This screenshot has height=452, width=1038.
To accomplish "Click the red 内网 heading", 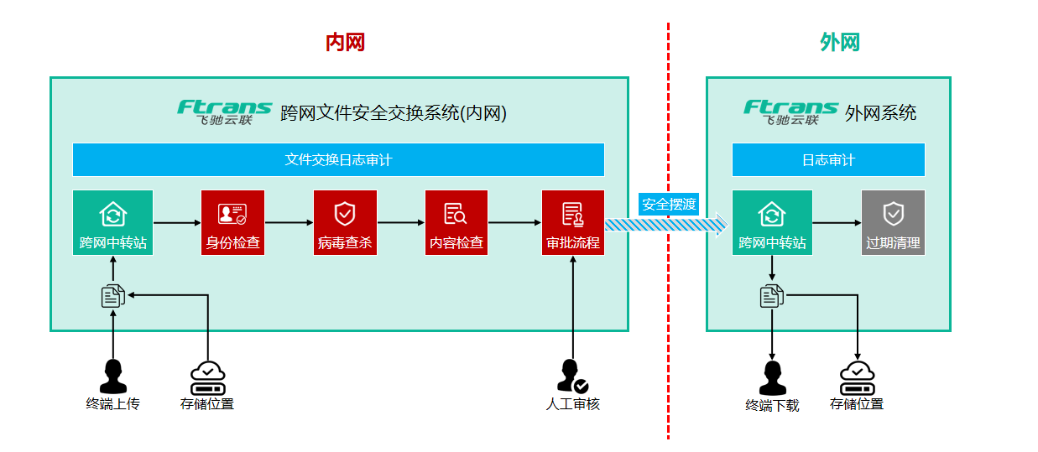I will [x=345, y=43].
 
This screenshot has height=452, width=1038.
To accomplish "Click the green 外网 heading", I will [x=840, y=43].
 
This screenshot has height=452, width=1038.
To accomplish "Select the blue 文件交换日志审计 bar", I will [x=338, y=159].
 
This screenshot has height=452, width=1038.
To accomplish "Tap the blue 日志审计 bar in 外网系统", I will [x=828, y=159].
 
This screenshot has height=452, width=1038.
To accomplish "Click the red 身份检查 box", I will [x=232, y=222].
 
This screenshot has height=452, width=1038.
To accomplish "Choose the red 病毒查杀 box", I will [x=345, y=222].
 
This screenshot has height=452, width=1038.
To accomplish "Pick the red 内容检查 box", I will [x=456, y=222].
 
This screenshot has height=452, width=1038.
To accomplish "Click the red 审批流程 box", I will [x=573, y=222].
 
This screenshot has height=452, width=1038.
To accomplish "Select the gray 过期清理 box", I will [x=893, y=222].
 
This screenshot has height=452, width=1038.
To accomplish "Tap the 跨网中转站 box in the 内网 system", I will [x=112, y=222].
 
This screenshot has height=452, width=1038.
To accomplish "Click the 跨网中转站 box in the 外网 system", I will [x=772, y=222].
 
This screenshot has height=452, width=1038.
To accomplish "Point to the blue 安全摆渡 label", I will [x=669, y=204].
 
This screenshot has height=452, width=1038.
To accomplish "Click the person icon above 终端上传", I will [x=112, y=376].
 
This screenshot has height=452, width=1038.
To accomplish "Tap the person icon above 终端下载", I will [x=772, y=378].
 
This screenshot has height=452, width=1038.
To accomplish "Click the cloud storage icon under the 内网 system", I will [x=208, y=378].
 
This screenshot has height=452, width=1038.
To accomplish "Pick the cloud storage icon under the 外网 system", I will [x=858, y=378].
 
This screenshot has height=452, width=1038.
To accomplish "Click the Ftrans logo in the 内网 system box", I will [x=225, y=112].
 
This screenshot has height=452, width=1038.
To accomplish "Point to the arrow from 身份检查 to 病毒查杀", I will [x=289, y=223].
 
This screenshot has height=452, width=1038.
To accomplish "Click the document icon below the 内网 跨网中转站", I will [x=112, y=295].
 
